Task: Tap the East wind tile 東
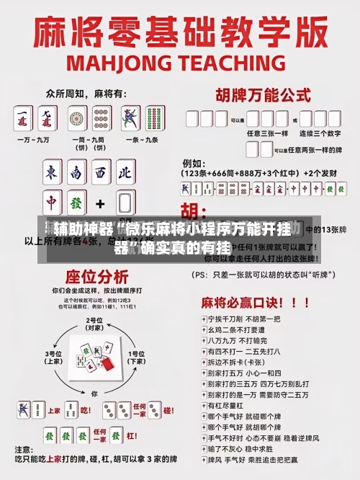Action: (52, 173)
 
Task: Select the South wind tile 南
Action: (77, 173)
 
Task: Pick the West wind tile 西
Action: (101, 173)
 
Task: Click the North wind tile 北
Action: (125, 173)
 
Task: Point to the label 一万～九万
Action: (35, 139)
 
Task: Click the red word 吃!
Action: (85, 410)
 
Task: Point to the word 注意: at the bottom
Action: (27, 449)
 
